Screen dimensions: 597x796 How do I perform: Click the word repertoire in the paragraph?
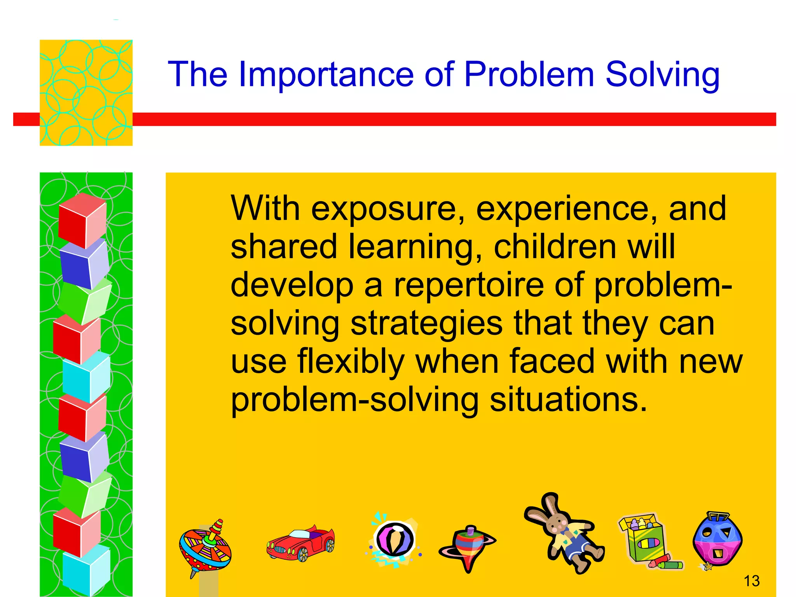469,285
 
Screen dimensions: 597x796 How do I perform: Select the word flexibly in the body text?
351,361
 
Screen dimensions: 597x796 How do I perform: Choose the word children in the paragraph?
555,247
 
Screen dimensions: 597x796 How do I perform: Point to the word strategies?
426,323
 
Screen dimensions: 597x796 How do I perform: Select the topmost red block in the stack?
82,220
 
